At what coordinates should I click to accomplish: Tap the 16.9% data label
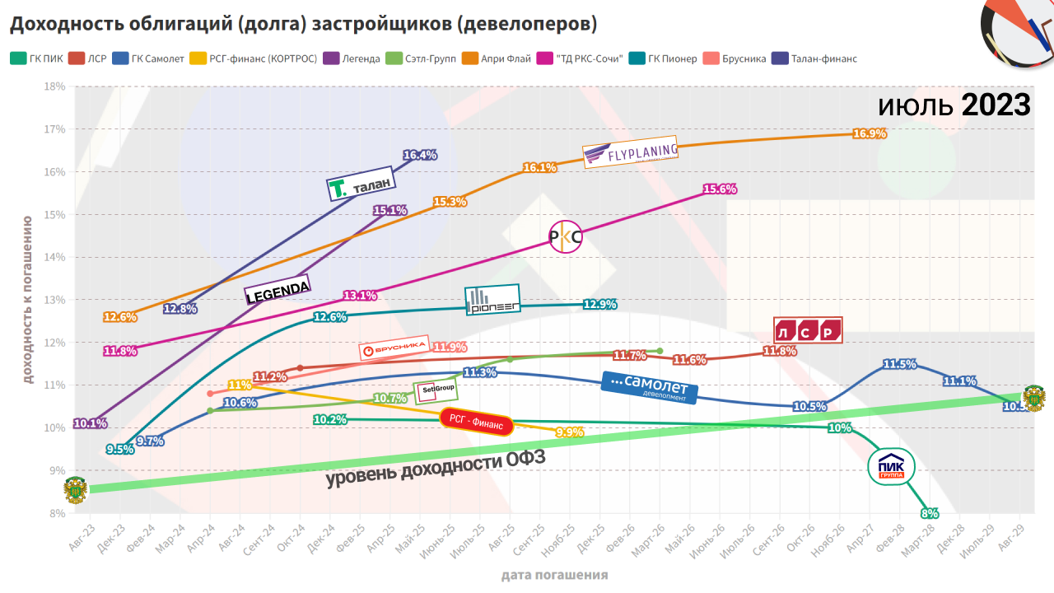[870, 133]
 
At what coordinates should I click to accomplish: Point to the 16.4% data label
[420, 155]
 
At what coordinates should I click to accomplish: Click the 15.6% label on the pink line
[720, 189]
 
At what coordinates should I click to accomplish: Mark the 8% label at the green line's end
[930, 513]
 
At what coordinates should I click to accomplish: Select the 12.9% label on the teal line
[599, 305]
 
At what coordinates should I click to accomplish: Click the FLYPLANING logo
[630, 152]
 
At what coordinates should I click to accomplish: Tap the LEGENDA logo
[277, 290]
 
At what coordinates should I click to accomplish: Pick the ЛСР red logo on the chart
[808, 330]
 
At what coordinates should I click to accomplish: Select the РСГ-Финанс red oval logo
[476, 420]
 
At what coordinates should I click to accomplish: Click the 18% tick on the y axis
[55, 86]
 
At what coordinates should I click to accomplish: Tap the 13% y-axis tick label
[55, 300]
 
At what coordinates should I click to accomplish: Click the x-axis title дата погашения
[554, 575]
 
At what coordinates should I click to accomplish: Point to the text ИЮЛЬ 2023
[954, 105]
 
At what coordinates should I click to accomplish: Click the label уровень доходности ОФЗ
[436, 468]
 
